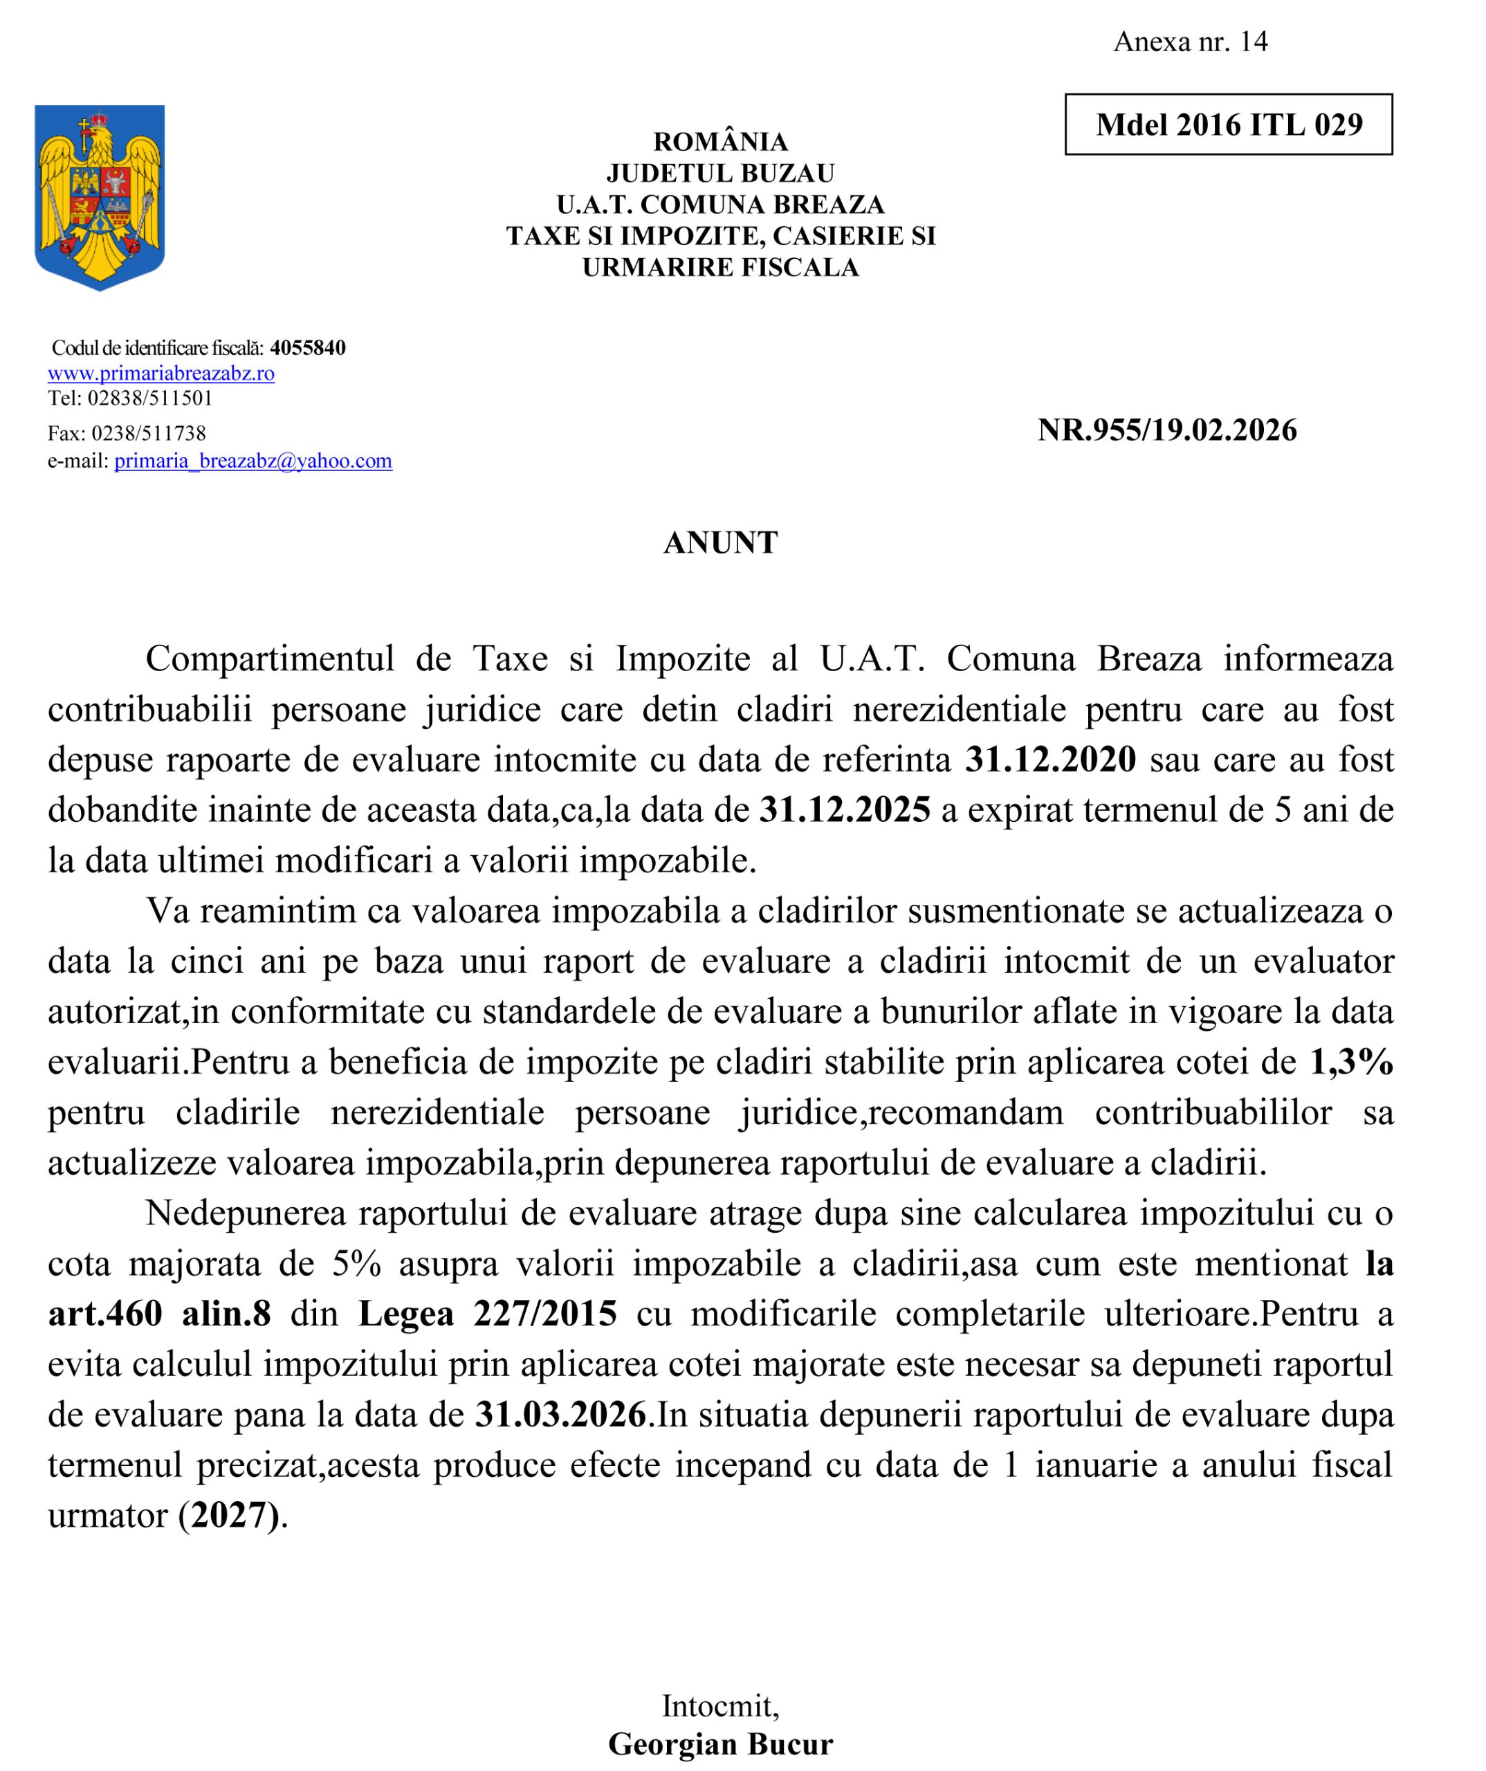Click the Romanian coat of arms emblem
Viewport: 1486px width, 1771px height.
[x=100, y=196]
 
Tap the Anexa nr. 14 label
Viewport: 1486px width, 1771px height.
[x=1190, y=42]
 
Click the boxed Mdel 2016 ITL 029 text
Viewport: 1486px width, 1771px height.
[x=1228, y=125]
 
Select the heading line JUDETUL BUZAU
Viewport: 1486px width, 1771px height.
[x=720, y=173]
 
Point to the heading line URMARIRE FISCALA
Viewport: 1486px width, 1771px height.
[x=720, y=267]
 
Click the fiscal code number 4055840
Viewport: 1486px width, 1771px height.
[x=308, y=347]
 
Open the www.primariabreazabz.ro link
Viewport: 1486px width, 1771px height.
[x=161, y=373]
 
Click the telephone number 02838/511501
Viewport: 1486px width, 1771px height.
[x=150, y=398]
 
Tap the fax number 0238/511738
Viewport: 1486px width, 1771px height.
[x=149, y=434]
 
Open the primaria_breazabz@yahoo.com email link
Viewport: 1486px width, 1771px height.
[x=253, y=461]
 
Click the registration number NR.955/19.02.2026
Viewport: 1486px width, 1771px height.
[x=1167, y=430]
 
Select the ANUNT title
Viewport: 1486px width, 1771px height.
[x=720, y=542]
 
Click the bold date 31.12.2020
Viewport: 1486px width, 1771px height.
[x=1051, y=759]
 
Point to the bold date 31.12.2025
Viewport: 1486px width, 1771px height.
[x=845, y=809]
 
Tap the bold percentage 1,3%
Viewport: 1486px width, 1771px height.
[x=1351, y=1062]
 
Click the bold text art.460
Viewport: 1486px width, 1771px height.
[x=105, y=1313]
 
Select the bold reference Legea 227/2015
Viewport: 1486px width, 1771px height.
[x=488, y=1313]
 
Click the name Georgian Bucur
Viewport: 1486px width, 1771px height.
[x=720, y=1743]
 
